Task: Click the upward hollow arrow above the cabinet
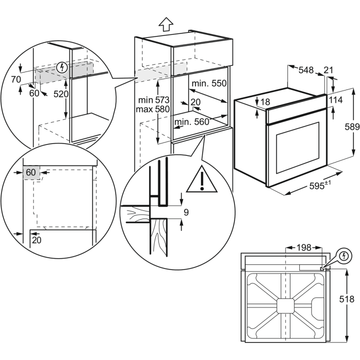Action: click(x=165, y=24)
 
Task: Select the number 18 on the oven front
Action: click(x=265, y=102)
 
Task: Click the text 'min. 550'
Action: click(x=209, y=83)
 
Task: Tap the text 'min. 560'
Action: click(x=191, y=122)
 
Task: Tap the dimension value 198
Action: click(x=304, y=248)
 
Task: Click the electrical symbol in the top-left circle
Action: click(x=63, y=66)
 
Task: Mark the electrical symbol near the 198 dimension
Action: click(x=344, y=256)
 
